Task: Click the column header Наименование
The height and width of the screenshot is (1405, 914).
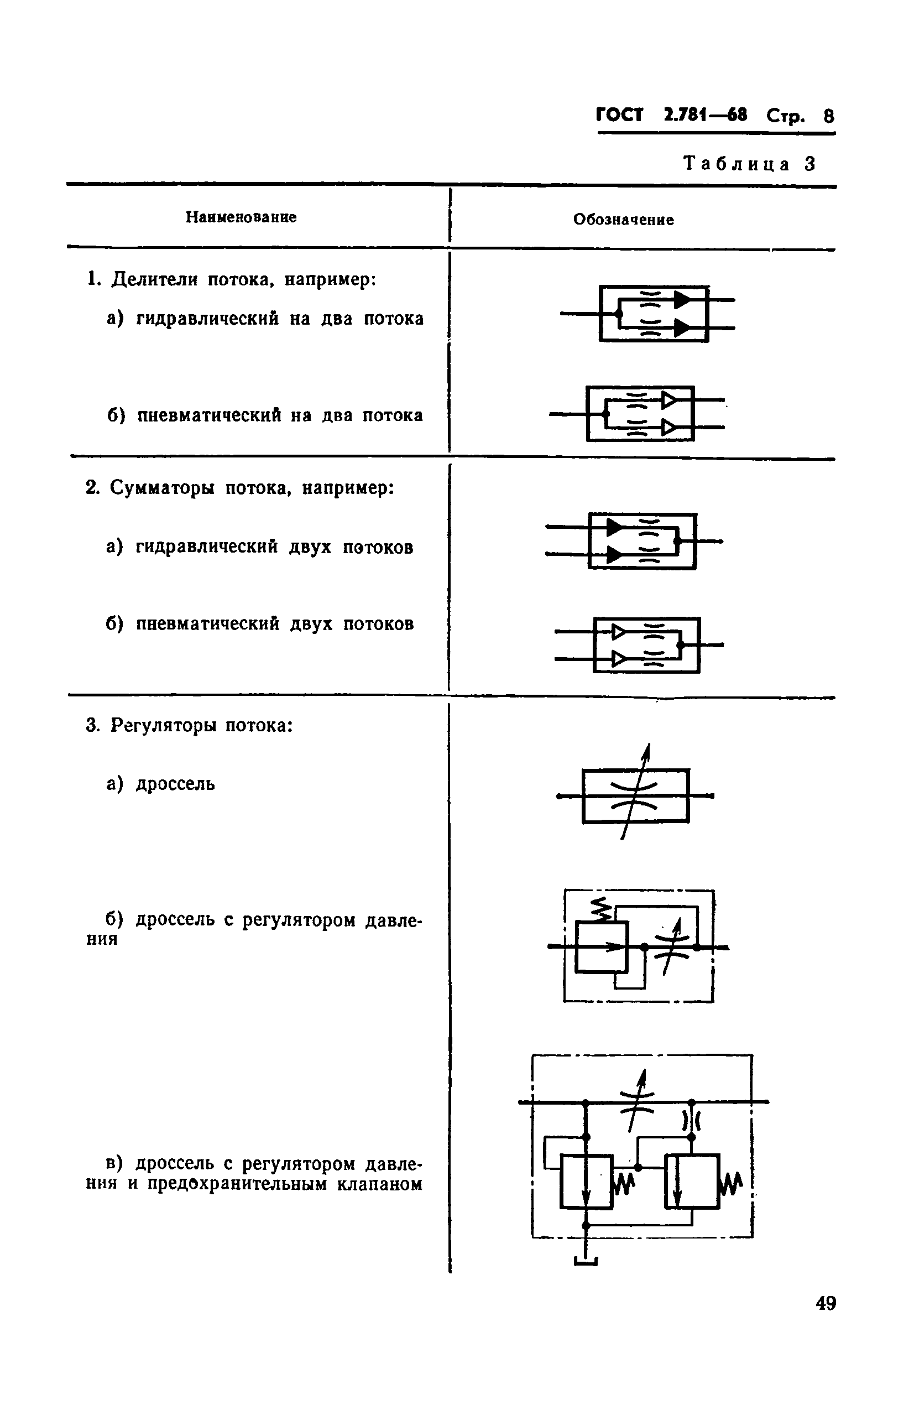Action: pos(241,217)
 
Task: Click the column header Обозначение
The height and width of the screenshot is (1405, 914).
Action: pos(623,220)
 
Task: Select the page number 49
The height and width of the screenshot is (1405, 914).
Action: pos(826,1303)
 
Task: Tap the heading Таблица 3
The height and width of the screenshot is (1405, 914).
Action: pos(749,164)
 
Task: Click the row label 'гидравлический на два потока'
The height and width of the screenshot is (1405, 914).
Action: pos(280,319)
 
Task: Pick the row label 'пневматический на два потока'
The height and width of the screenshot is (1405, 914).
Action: pos(280,415)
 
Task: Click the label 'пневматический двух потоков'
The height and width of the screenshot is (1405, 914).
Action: pos(275,624)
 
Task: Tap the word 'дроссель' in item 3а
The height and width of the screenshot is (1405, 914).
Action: pos(175,784)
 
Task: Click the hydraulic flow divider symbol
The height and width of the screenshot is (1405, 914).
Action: pos(647,314)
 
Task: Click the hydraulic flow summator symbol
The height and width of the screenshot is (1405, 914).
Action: pos(634,541)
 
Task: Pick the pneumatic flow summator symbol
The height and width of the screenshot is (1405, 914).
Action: pos(639,645)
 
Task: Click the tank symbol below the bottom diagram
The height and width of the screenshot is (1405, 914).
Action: pos(586,1262)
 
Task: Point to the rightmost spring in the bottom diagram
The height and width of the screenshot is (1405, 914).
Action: pos(730,1183)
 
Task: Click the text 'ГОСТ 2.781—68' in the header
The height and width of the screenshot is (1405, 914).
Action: pos(671,115)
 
